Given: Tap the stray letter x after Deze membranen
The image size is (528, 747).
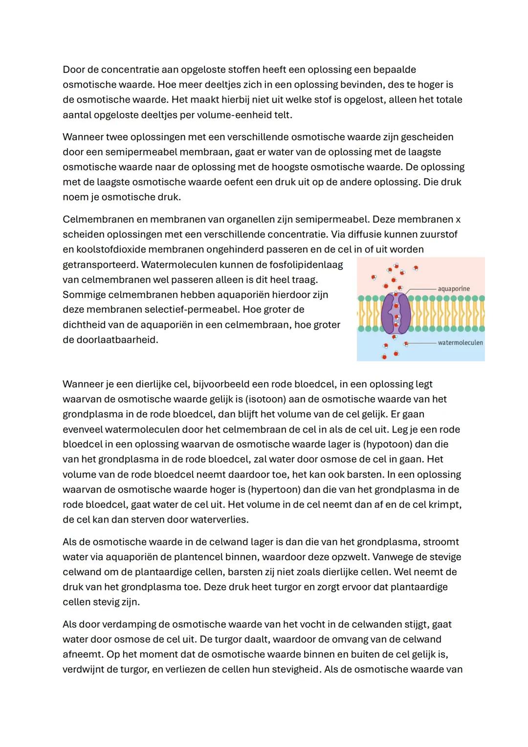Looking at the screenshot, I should point(458,219).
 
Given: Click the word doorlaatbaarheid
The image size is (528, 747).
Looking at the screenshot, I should point(110,340).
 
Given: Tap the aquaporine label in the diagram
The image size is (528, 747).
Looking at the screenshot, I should point(453,289).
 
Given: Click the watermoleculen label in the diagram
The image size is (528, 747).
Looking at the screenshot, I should point(460,342).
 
